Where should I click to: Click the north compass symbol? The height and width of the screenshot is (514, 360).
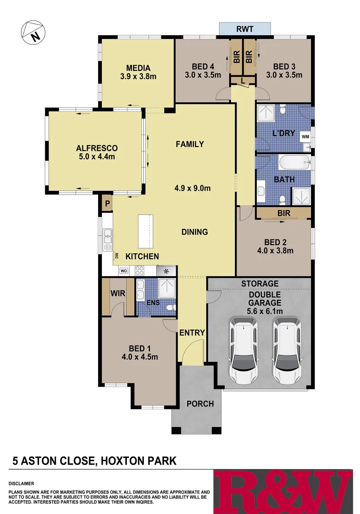click(x=33, y=32)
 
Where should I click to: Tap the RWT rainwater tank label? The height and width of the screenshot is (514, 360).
click(x=245, y=29)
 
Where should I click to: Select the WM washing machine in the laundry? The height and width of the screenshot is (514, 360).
click(x=305, y=137)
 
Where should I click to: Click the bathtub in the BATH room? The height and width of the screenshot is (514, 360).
click(x=294, y=163)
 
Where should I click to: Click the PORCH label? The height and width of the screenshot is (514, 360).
click(x=200, y=404)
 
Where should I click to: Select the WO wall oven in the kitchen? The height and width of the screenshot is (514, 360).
click(x=123, y=271)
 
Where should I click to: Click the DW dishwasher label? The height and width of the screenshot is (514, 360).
click(x=116, y=256)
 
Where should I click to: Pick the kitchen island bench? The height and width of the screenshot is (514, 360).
click(x=146, y=231)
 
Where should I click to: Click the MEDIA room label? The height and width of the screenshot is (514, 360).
click(x=138, y=68)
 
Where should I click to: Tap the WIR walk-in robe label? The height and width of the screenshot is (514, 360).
click(x=118, y=294)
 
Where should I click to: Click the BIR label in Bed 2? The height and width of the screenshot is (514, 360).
click(x=284, y=214)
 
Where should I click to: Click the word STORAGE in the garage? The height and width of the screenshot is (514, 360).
click(x=260, y=284)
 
